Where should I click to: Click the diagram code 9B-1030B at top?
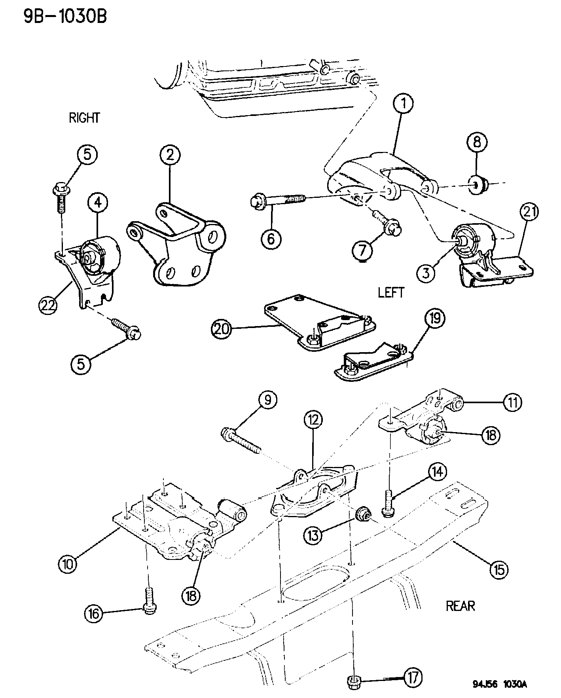pos(65,17)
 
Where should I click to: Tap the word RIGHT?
pos(84,118)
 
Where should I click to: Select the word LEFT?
pos(391,292)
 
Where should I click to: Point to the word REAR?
pos(461,606)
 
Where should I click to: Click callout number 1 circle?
pos(403,104)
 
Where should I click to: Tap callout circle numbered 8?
pos(477,142)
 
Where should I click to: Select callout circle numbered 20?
pos(221,330)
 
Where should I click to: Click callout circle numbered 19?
pos(435,319)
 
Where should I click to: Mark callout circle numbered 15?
pos(498,569)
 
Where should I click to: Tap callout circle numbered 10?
pos(68,564)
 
